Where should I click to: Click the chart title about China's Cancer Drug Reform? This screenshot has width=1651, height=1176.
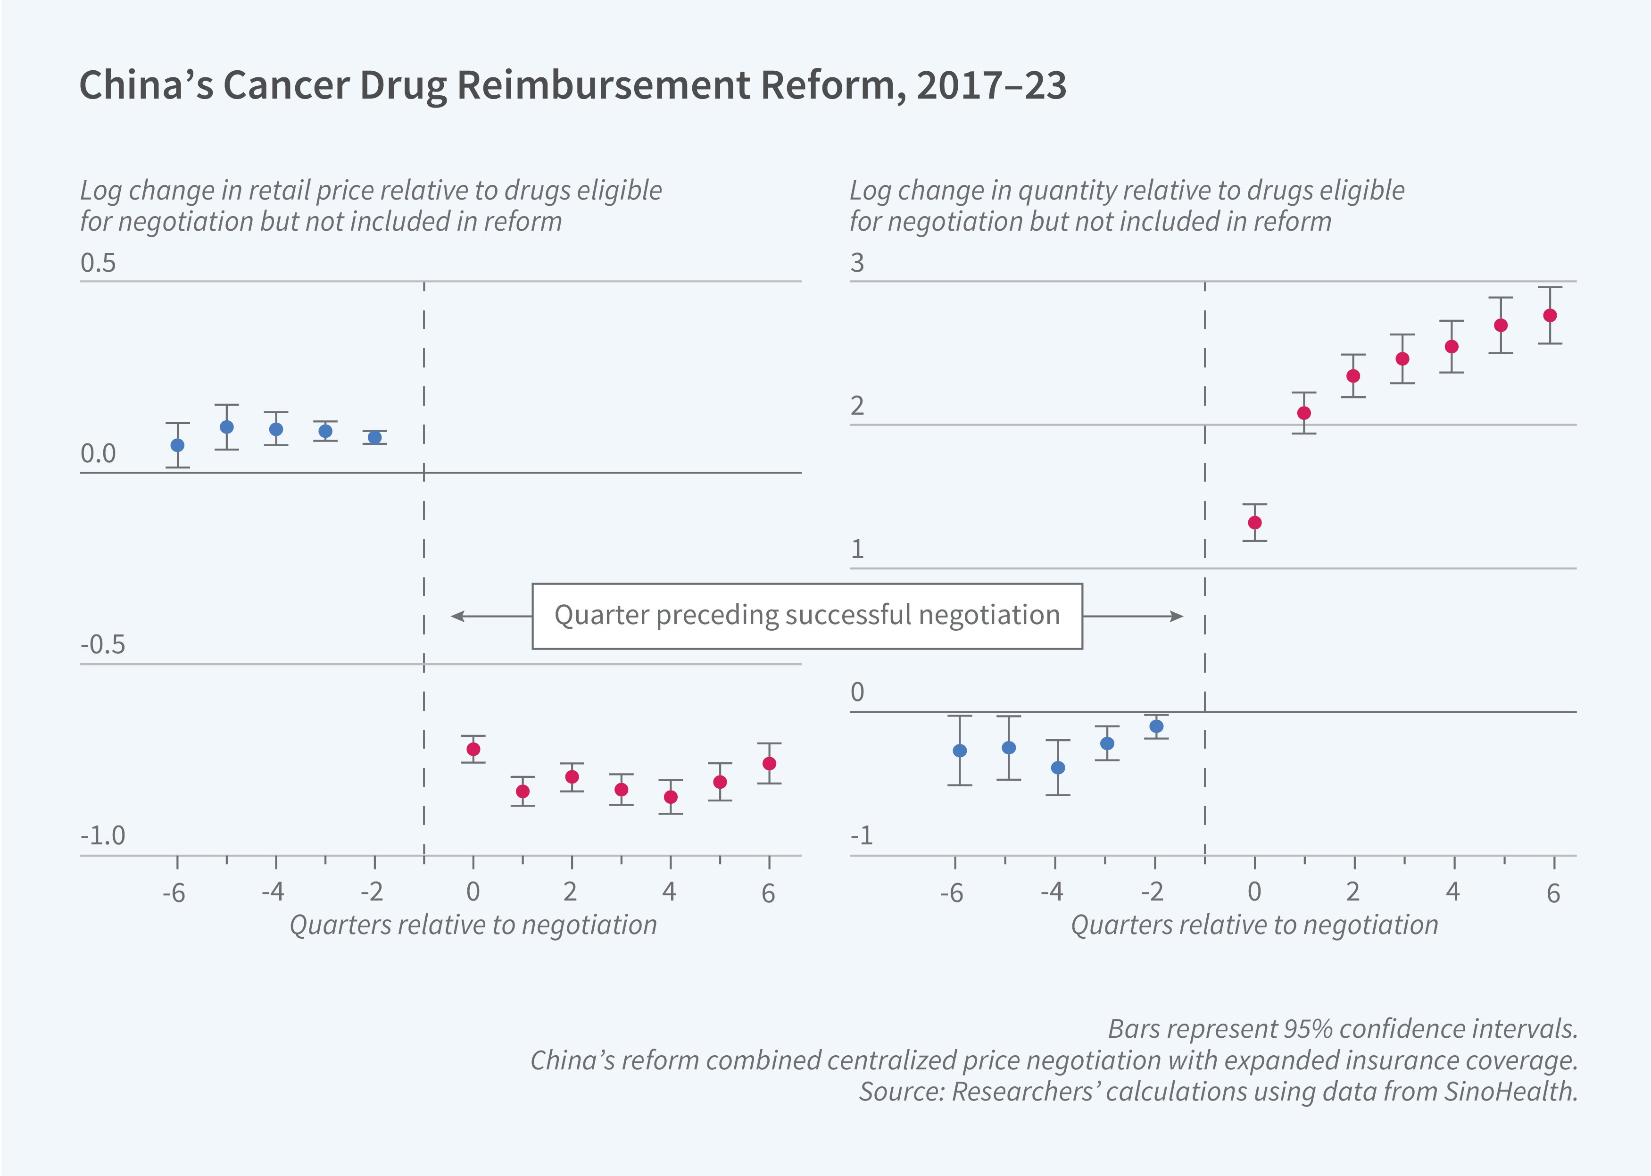[572, 85]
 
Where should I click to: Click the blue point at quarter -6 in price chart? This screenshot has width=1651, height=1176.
[177, 445]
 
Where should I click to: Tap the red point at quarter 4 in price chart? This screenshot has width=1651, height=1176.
[671, 797]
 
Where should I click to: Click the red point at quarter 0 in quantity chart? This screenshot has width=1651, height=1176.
[1255, 523]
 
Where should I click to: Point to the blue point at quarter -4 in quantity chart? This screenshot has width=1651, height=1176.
[1058, 767]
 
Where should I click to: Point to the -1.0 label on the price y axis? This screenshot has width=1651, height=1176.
[103, 836]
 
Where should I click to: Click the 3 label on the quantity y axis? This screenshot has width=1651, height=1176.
[858, 263]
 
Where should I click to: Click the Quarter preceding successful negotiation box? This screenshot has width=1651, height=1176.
[807, 616]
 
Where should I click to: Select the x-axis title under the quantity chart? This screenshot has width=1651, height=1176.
[1254, 926]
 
